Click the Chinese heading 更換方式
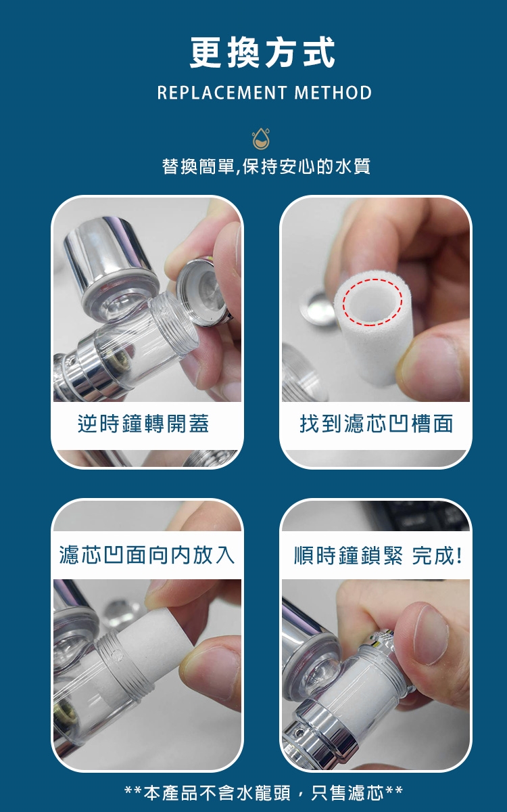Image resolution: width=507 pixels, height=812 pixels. [262, 53]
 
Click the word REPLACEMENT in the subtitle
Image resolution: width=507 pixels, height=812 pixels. [222, 93]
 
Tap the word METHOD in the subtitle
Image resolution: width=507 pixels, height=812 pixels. [333, 93]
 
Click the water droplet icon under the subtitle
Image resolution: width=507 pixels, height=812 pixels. [261, 139]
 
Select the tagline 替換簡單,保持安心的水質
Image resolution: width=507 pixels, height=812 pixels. [266, 166]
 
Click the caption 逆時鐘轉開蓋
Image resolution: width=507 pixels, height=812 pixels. [143, 424]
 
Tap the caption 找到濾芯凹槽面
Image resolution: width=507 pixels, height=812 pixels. [377, 424]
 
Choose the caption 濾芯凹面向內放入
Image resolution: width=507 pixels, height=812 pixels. [147, 555]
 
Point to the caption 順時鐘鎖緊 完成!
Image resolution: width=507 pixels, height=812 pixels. [378, 555]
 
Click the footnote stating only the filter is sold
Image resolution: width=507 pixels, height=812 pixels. [264, 793]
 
